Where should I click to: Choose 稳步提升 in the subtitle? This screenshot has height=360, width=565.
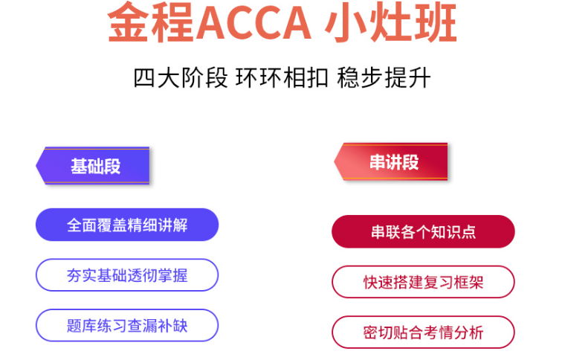(x=384, y=78)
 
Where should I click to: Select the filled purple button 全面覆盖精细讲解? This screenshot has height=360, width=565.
(x=127, y=225)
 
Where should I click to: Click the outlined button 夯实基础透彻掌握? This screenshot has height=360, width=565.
(x=127, y=275)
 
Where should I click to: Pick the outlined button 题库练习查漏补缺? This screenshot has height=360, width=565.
(x=127, y=325)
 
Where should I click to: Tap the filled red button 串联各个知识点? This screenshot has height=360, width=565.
(x=423, y=232)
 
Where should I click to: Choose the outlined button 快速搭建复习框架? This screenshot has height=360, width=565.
(x=423, y=282)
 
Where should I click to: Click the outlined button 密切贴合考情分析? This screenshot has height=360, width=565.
(x=423, y=332)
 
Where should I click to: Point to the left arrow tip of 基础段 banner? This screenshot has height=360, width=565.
(x=38, y=166)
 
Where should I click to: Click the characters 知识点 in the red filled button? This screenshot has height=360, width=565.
(x=453, y=232)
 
